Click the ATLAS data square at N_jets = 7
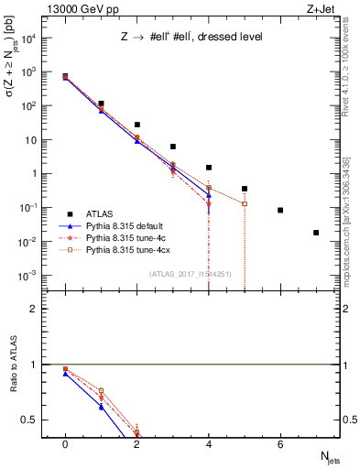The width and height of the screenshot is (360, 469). point(316,233)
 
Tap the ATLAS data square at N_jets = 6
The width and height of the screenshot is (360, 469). point(280,210)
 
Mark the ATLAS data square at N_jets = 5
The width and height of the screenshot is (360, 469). point(245,189)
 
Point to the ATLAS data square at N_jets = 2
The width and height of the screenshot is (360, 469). point(136,125)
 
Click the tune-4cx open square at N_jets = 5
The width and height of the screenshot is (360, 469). point(245,203)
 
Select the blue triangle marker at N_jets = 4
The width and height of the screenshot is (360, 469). point(209,194)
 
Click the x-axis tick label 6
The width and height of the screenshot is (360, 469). point(280,443)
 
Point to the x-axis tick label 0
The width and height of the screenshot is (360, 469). point(65,443)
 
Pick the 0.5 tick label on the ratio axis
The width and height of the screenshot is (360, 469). point(33,420)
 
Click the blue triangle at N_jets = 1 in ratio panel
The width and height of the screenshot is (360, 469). point(101,406)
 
